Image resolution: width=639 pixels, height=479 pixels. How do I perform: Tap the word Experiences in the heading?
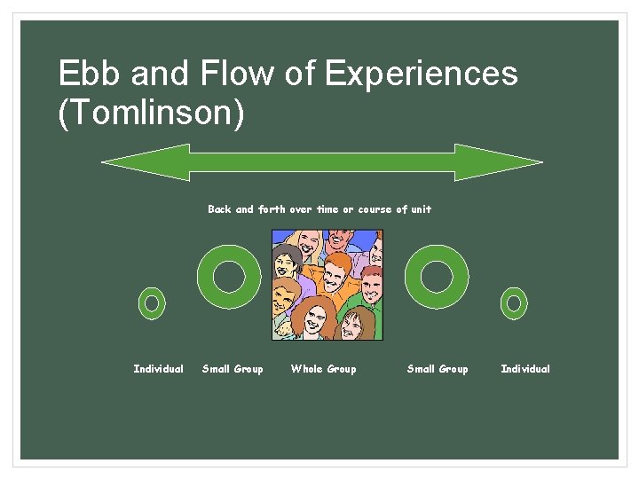tap(421, 74)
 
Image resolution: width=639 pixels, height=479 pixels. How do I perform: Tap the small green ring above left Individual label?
tap(152, 303)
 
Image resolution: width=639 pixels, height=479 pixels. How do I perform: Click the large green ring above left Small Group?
tap(229, 276)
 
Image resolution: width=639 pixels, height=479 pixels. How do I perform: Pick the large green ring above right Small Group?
tap(437, 276)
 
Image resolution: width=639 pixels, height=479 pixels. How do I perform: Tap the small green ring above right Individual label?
tap(514, 303)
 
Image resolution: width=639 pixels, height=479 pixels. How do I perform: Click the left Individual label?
tap(158, 369)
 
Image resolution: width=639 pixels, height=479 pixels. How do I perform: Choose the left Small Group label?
tap(233, 369)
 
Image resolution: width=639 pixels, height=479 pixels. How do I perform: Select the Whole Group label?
tap(323, 369)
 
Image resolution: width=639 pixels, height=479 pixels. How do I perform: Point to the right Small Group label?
tap(438, 369)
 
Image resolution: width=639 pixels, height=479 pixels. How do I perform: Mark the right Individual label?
tap(525, 369)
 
